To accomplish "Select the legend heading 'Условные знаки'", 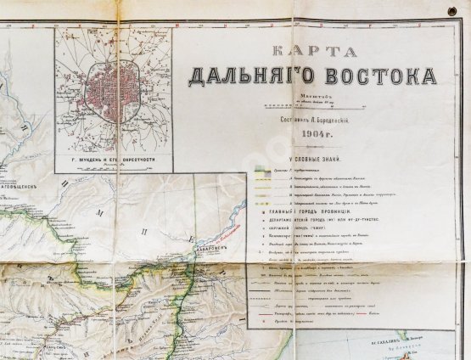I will (311, 160).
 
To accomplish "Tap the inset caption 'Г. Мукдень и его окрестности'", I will (113, 158).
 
